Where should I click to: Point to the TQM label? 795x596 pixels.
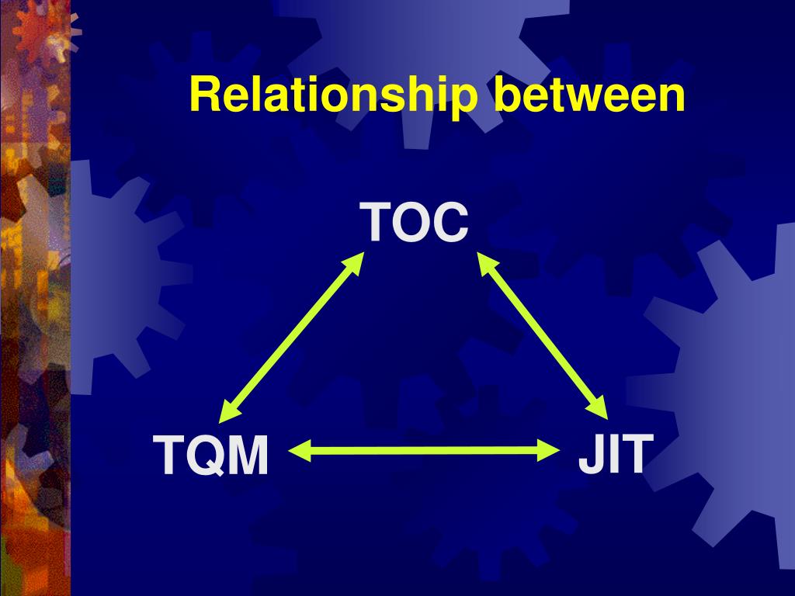[x=211, y=455]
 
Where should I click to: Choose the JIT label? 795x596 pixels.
[x=612, y=453]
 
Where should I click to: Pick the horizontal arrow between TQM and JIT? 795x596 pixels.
[x=425, y=449]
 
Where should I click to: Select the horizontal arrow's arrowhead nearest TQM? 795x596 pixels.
[x=299, y=449]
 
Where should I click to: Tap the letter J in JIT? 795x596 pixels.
[x=588, y=454]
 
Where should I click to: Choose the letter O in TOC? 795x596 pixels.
[x=417, y=223]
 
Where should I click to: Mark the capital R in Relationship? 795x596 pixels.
[x=203, y=95]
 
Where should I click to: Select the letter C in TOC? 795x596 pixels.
[x=453, y=223]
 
